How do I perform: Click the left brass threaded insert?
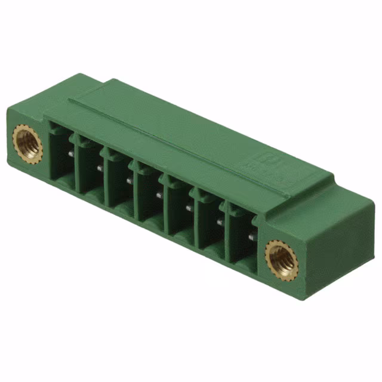tap(27, 143)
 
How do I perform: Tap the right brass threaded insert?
tap(279, 257)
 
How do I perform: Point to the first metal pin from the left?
tap(71, 155)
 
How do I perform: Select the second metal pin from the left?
tap(100, 168)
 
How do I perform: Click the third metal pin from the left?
tap(130, 181)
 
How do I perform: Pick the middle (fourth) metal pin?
tap(159, 195)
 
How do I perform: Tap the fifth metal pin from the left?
tap(189, 208)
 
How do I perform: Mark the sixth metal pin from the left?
tap(219, 222)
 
